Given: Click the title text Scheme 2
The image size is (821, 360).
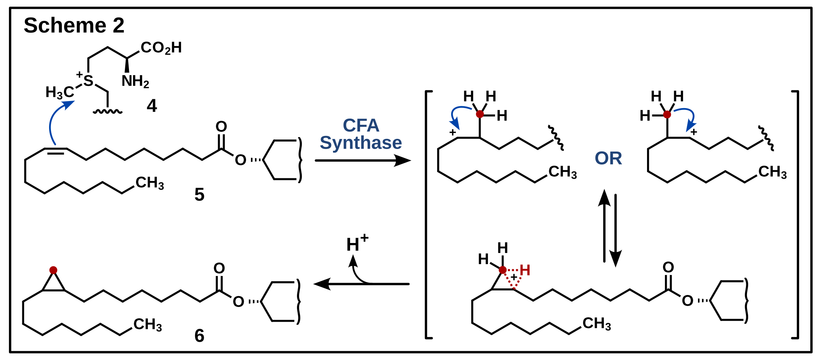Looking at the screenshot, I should (74, 25).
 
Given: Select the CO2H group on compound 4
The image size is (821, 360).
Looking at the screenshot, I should (161, 48).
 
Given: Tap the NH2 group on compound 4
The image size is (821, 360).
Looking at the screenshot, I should (135, 81).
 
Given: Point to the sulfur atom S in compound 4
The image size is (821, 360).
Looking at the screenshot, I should (88, 81).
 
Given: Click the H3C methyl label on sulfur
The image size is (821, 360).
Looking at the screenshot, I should (59, 92).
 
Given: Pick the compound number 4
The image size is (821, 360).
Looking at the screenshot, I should (152, 106).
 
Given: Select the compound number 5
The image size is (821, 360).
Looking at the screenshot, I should (199, 194).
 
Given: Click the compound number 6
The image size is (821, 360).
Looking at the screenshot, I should (199, 336).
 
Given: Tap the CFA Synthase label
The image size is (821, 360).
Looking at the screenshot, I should (361, 134).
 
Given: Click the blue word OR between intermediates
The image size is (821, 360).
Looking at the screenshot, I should (608, 158).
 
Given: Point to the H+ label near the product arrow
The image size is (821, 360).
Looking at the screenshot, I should (356, 243).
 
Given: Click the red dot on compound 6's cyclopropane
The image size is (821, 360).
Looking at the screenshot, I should (53, 270).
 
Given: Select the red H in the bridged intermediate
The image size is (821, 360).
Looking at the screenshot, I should (525, 270).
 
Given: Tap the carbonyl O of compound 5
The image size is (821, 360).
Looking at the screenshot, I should (221, 127).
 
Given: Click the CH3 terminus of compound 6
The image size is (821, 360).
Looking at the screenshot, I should (148, 324).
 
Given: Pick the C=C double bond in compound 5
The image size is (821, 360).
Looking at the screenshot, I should (56, 150).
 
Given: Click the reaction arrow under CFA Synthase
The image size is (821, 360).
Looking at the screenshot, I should (362, 160).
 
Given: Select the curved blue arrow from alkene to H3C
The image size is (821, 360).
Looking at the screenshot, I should (54, 119).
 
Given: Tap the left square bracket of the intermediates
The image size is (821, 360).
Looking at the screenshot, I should (427, 214).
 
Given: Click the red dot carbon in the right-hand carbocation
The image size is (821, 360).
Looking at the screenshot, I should (667, 114).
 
